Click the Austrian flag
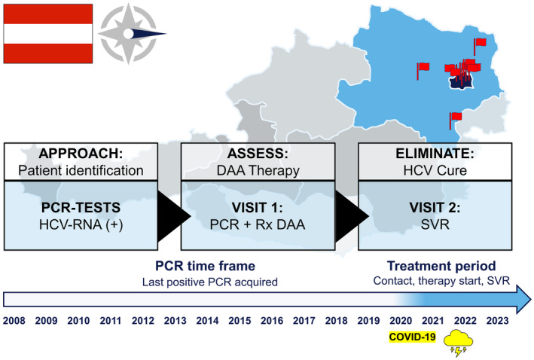(x=48, y=34)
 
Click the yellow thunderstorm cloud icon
(x=458, y=343)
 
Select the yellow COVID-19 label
(x=413, y=337)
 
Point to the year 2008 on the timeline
(x=14, y=321)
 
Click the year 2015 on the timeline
(x=240, y=321)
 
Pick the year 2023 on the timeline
(x=497, y=321)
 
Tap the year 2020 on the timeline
(x=401, y=321)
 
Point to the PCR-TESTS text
(x=81, y=207)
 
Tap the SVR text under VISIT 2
(x=435, y=224)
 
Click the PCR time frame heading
(x=205, y=266)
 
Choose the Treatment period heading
(x=441, y=266)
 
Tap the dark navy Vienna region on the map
(x=462, y=83)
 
